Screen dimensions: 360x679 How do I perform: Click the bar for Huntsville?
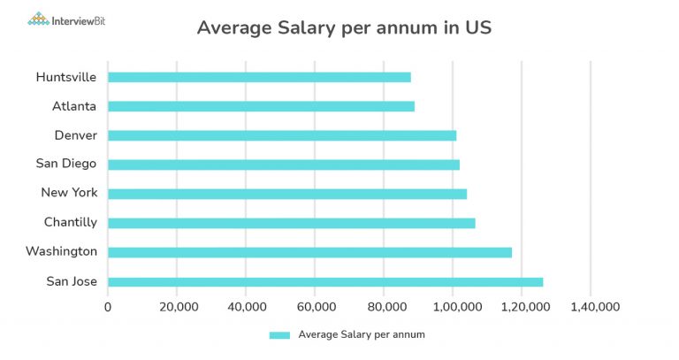click(259, 77)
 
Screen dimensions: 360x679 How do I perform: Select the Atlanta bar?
click(261, 106)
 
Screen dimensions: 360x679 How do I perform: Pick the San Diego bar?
click(284, 165)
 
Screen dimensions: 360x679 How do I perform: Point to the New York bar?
click(287, 194)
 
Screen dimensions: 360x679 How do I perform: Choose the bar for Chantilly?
click(292, 223)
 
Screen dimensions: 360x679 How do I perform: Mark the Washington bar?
click(309, 252)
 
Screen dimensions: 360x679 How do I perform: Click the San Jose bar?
click(325, 282)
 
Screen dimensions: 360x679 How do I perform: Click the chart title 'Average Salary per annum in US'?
click(344, 28)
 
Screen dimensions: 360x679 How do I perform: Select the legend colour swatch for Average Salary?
click(279, 334)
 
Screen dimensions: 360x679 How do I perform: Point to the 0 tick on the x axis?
click(108, 307)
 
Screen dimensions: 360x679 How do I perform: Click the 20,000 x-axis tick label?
click(177, 307)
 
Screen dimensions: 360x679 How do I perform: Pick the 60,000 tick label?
click(315, 307)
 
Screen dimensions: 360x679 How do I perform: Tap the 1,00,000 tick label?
click(453, 307)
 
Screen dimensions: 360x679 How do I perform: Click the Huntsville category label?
click(66, 77)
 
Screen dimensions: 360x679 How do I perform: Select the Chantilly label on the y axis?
click(71, 223)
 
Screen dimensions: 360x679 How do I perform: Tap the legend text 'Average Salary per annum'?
click(362, 334)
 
